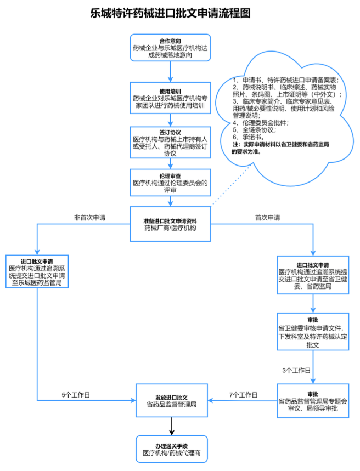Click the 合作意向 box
coord(170,48)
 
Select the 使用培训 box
coord(170,98)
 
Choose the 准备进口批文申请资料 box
coord(170,224)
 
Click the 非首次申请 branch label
coord(90,218)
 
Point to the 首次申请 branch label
coord(267,218)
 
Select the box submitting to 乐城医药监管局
coord(37,272)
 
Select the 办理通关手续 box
coord(171,447)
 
